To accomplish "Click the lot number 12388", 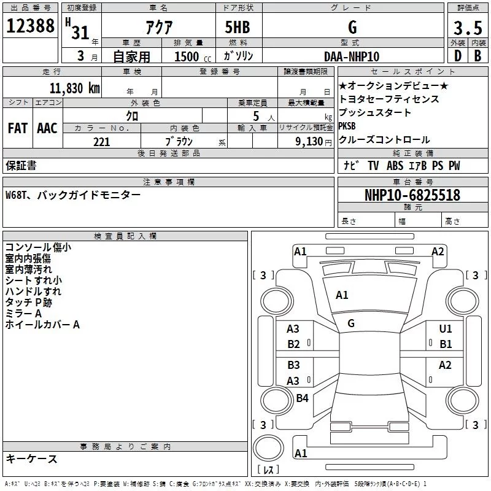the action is click(x=30, y=28).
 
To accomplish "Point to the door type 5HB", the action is click(x=238, y=28).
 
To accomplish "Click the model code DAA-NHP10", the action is click(x=352, y=56).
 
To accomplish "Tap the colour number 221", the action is click(x=101, y=142).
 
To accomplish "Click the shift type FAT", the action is click(x=18, y=128).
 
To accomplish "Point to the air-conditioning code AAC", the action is click(x=47, y=128).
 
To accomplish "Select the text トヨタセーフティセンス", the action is click(x=389, y=99).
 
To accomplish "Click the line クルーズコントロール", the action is click(x=384, y=139).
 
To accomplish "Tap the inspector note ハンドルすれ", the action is click(x=33, y=292).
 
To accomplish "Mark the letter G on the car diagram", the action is click(x=351, y=323).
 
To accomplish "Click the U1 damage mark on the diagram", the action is click(x=446, y=329).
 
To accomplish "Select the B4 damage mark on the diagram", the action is click(x=303, y=398).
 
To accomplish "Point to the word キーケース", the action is click(x=31, y=459).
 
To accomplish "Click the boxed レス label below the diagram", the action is click(x=268, y=470).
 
